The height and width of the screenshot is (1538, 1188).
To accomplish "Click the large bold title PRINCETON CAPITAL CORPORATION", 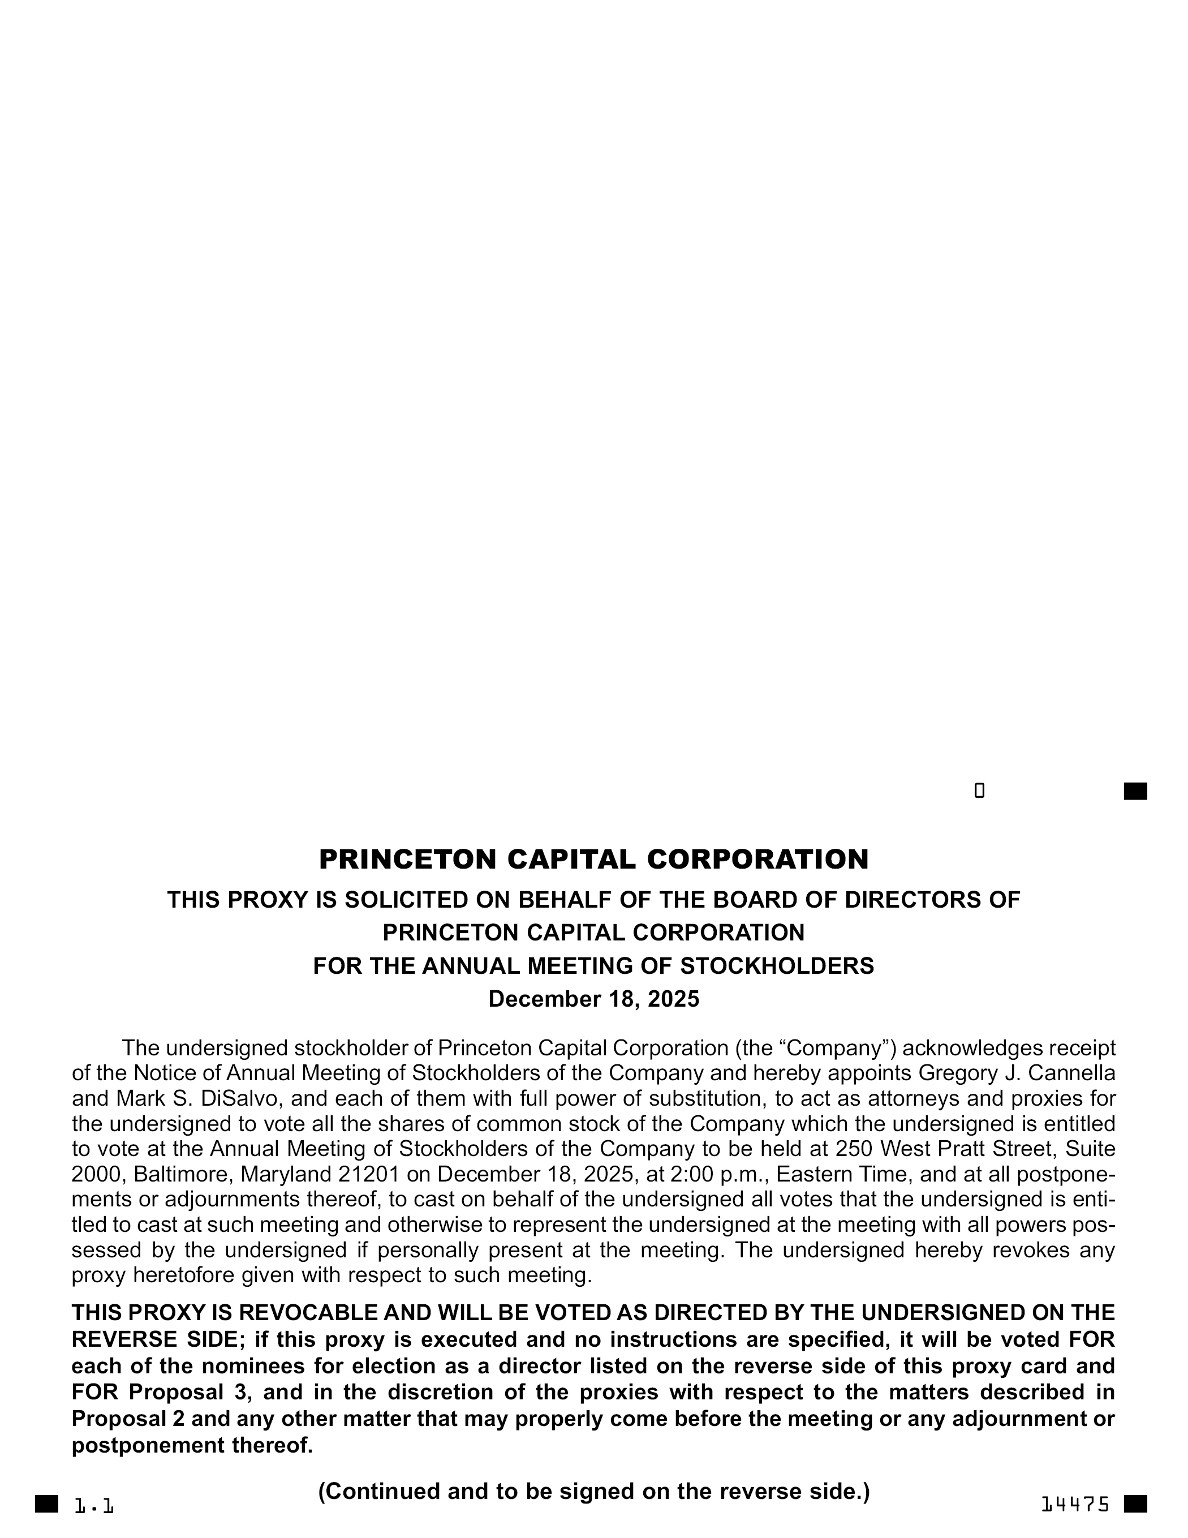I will point(593,859).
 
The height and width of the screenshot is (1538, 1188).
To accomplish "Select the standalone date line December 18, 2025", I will point(593,999).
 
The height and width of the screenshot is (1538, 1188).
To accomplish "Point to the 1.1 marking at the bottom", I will point(94,1506).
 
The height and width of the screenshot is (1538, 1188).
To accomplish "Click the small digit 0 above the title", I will point(979,791).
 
